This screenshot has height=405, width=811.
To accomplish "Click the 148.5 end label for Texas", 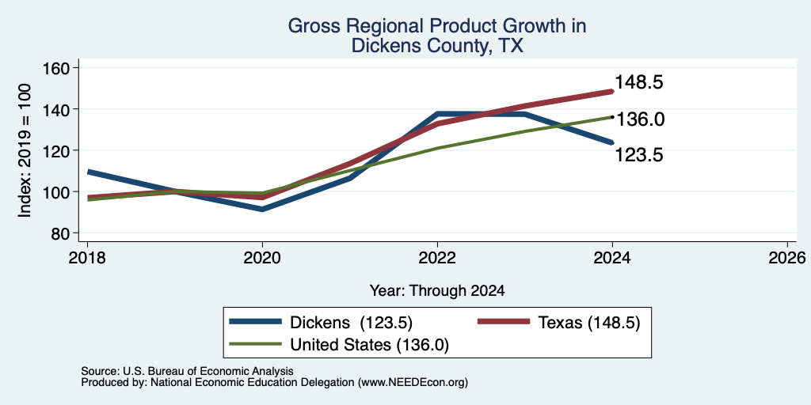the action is point(639,82).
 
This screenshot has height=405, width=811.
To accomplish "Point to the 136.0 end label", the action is point(641,119).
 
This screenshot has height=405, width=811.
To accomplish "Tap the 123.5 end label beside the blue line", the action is point(639,155).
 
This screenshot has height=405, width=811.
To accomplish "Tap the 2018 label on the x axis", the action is point(87,257).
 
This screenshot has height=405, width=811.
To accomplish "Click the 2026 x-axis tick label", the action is point(787,257).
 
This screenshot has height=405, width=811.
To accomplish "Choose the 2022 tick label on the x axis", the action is point(437,257).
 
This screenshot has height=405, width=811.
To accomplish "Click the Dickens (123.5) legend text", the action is point(351,323).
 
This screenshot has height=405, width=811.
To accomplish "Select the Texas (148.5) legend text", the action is point(589,323).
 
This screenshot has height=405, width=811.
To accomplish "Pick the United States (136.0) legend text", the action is point(369,345).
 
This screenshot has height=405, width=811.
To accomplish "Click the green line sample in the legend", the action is point(256,344).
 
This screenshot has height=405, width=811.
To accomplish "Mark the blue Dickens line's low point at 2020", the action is point(262,209).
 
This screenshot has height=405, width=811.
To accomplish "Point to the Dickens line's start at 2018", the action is point(88,172).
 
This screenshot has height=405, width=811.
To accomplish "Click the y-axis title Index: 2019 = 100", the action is point(25,150).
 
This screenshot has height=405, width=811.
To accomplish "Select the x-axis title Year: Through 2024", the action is point(437,291).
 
